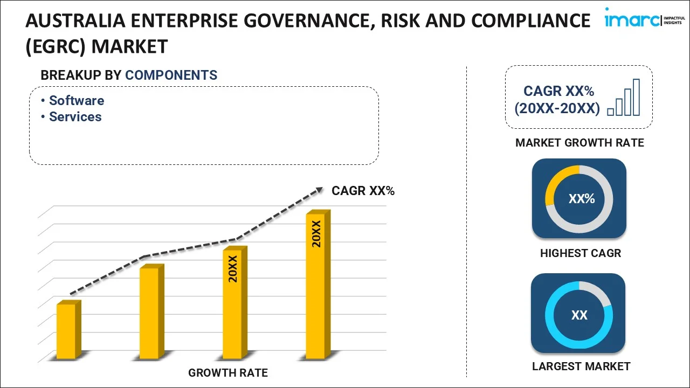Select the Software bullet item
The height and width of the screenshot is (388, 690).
(76, 101)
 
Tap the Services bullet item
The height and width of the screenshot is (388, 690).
(75, 117)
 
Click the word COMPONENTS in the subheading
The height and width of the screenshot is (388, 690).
(171, 75)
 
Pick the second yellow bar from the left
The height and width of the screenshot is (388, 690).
(150, 313)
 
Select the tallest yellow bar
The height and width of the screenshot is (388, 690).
(316, 286)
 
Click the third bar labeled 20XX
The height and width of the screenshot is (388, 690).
(233, 303)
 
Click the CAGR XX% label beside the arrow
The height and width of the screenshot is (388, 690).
(363, 191)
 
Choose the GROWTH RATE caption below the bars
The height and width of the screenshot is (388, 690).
(228, 373)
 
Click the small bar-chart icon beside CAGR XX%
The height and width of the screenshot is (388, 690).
(624, 98)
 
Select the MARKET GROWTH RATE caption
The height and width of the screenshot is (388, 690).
(579, 143)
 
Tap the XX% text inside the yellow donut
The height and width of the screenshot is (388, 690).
(581, 199)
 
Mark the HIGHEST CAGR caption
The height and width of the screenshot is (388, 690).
(581, 253)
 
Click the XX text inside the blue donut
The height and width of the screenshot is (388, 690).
(579, 315)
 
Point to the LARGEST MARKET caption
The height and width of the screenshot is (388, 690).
(581, 366)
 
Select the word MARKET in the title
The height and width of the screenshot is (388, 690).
(129, 46)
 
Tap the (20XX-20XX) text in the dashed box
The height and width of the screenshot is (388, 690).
(557, 108)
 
